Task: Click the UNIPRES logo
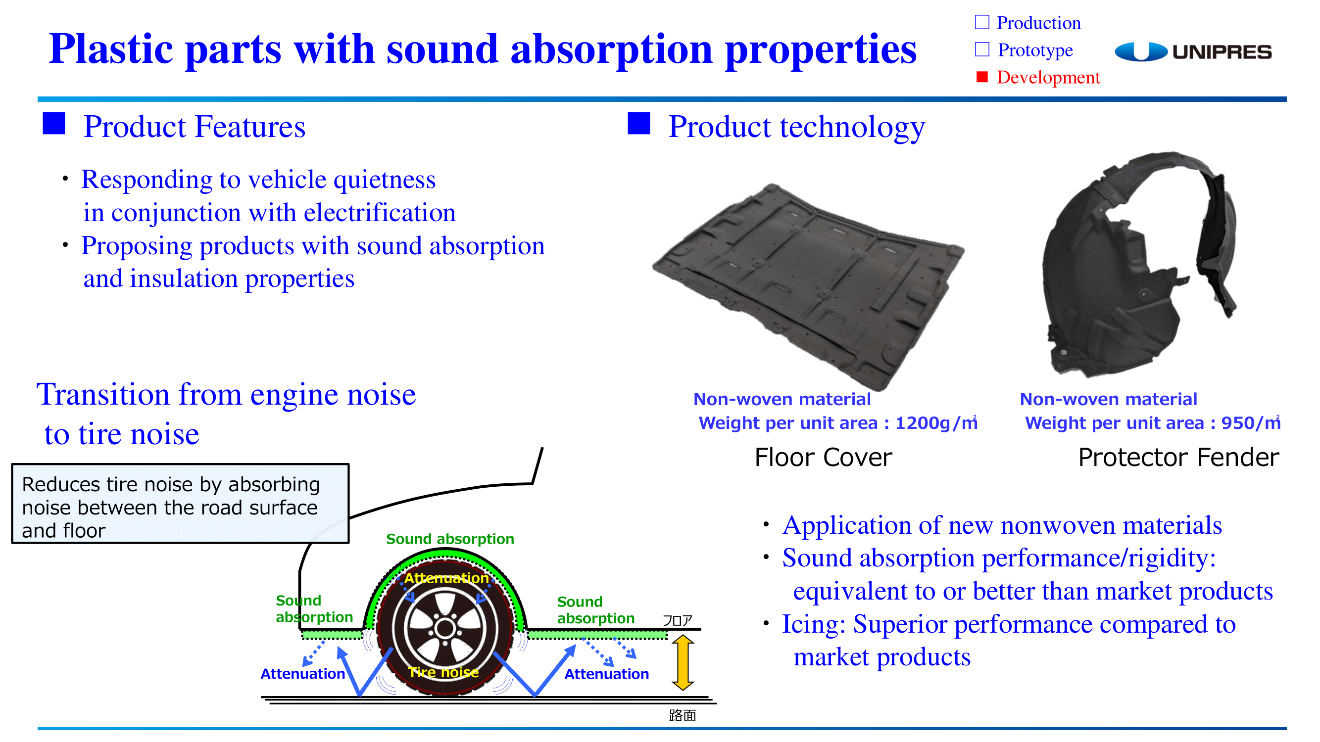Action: click(x=1193, y=52)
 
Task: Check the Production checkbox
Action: click(x=982, y=22)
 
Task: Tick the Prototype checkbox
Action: click(x=982, y=49)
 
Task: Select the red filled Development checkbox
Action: click(x=982, y=77)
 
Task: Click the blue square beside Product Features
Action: click(x=54, y=123)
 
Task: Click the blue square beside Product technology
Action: click(x=638, y=123)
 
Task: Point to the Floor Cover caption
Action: click(x=823, y=457)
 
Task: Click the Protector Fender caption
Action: click(x=1178, y=457)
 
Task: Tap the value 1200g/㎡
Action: click(x=936, y=423)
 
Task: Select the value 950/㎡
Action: click(x=1251, y=423)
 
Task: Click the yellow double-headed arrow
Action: click(x=683, y=662)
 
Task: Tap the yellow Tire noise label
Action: click(x=443, y=672)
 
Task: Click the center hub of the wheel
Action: click(x=445, y=628)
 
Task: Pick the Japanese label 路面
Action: click(x=682, y=715)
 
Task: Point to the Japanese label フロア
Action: click(x=677, y=620)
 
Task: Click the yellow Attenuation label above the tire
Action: click(x=446, y=578)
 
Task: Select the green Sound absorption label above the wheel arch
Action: click(x=450, y=539)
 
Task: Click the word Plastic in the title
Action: click(x=111, y=48)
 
